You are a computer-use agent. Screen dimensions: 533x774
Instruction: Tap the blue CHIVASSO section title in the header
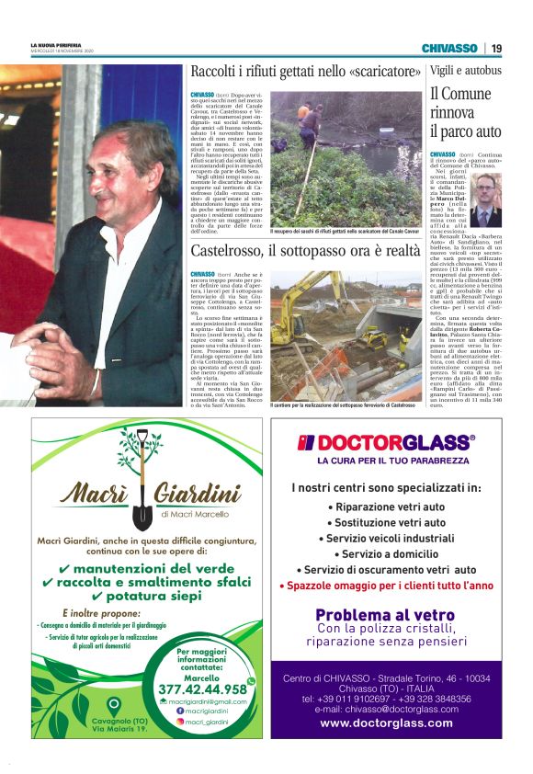click(x=449, y=48)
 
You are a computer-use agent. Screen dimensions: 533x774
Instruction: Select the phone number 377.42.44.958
click(x=202, y=689)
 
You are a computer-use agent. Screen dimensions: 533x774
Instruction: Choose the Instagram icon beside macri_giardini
click(x=180, y=723)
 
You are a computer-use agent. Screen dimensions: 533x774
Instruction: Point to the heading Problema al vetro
click(x=385, y=615)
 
